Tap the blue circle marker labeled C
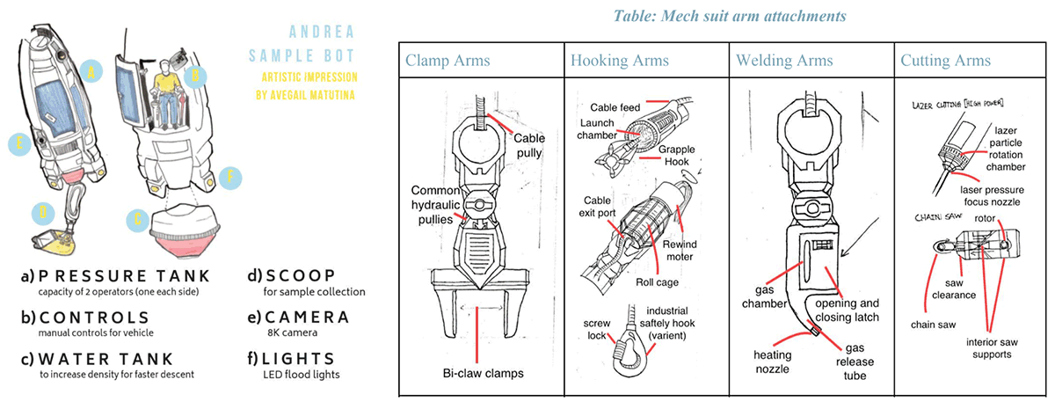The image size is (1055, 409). (x=135, y=218)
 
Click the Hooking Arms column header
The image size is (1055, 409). (x=619, y=61)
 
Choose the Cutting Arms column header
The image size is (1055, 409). (x=945, y=61)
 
